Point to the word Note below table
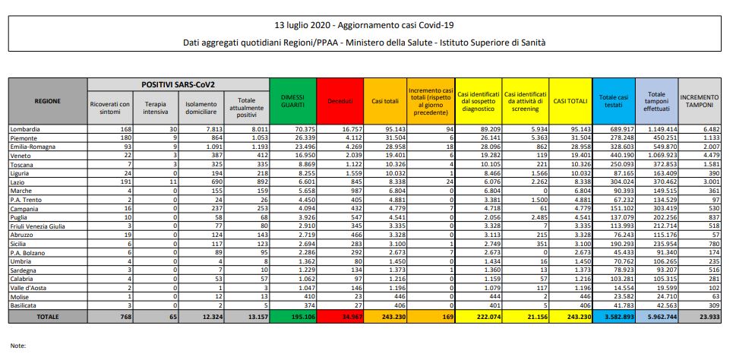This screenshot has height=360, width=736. coord(19,346)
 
